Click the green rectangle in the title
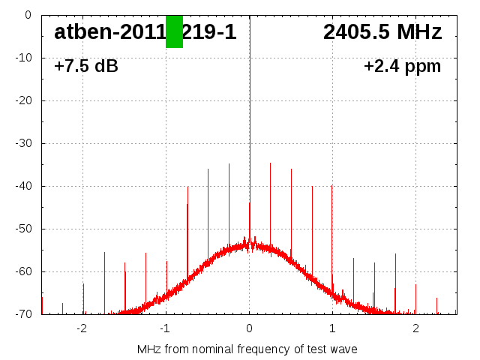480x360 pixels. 174,31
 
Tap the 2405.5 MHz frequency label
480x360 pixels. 382,32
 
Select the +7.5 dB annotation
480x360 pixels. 86,66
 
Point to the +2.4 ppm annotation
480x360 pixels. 402,66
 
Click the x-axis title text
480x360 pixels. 247,349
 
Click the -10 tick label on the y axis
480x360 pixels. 25,58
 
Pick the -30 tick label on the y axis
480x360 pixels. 25,143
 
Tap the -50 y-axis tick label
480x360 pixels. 25,229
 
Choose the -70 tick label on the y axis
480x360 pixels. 25,314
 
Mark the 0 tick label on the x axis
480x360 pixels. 250,328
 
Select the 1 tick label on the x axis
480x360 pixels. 332,328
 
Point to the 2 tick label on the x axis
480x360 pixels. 415,328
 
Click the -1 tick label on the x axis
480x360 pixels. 165,328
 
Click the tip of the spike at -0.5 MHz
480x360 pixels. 208,170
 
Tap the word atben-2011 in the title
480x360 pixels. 109,32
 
